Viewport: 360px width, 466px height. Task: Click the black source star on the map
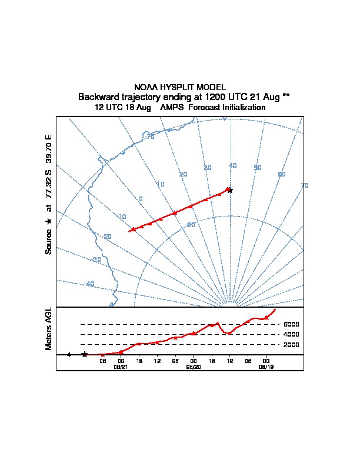231,190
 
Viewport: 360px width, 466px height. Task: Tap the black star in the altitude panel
85,354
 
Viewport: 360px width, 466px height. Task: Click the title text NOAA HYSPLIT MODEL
180,87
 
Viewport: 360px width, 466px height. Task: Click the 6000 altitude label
291,324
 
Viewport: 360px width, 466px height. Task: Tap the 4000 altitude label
291,334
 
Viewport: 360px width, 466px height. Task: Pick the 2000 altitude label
291,345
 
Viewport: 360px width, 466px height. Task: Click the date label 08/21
121,367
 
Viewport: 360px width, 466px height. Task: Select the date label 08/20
194,367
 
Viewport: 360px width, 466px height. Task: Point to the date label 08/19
266,367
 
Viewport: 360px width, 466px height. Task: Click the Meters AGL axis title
49,328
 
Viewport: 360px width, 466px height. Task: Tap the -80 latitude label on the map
190,225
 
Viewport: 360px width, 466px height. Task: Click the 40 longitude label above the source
232,166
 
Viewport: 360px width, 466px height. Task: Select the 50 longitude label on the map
257,168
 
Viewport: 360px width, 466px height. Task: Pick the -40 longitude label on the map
89,284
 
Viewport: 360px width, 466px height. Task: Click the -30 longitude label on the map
96,259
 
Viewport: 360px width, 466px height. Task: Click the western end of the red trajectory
129,231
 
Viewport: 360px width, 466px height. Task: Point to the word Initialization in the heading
242,108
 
